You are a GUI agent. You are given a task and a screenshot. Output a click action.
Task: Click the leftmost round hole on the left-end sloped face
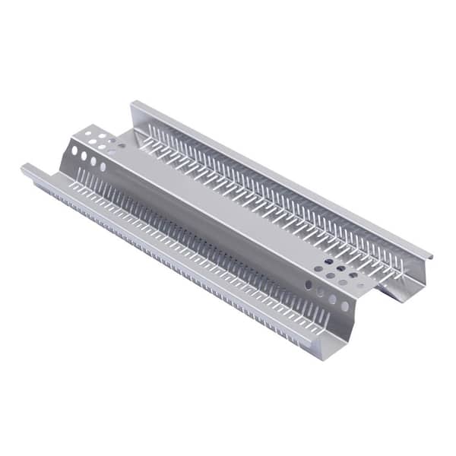coord(74,150)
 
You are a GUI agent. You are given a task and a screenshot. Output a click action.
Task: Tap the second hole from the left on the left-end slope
coord(84,156)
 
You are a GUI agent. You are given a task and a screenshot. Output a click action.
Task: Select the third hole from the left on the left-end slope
coord(93,161)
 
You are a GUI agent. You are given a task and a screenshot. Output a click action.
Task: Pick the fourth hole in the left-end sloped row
coord(103,166)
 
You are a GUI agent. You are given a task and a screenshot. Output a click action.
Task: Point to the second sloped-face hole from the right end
coord(333,299)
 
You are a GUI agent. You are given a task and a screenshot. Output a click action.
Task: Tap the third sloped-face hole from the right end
coord(321,292)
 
